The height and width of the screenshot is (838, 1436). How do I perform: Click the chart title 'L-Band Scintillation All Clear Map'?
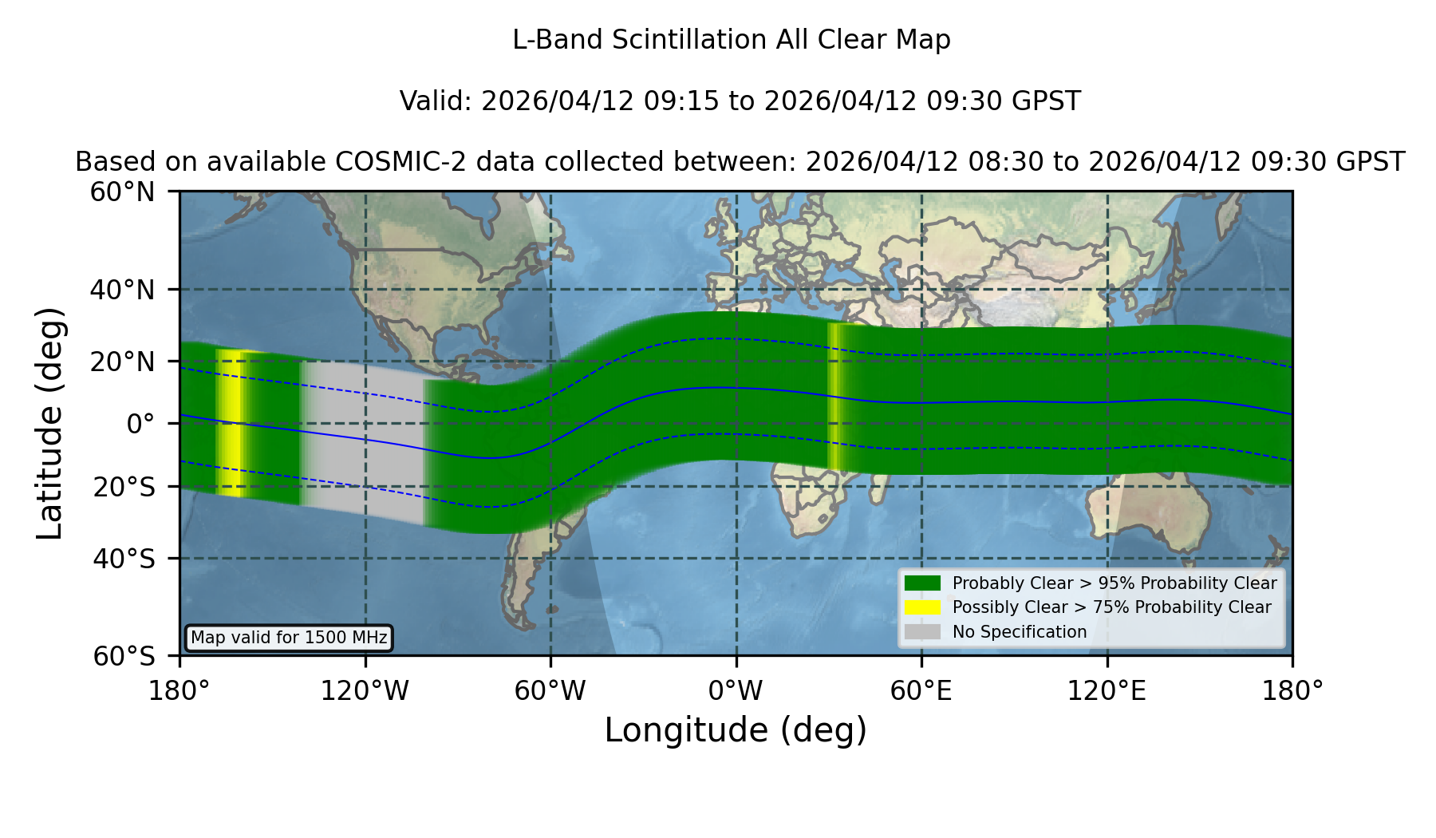pyautogui.click(x=731, y=40)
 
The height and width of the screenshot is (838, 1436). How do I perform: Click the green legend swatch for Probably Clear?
pyautogui.click(x=922, y=583)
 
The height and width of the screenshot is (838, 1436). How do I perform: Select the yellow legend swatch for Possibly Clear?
pyautogui.click(x=922, y=607)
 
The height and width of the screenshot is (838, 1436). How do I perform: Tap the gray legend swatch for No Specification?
pyautogui.click(x=922, y=632)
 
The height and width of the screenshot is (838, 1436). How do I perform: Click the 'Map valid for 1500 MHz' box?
pyautogui.click(x=289, y=638)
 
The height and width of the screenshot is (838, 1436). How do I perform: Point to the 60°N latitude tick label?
pyautogui.click(x=122, y=192)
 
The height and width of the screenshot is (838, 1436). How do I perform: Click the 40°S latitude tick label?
pyautogui.click(x=124, y=559)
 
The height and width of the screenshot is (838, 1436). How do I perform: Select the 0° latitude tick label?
pyautogui.click(x=140, y=424)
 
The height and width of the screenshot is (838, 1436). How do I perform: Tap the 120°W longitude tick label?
pyautogui.click(x=365, y=691)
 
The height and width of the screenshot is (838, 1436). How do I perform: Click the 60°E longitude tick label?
pyautogui.click(x=921, y=691)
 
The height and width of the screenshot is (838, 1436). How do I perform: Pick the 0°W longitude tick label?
pyautogui.click(x=736, y=691)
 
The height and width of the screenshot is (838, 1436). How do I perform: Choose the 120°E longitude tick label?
pyautogui.click(x=1107, y=691)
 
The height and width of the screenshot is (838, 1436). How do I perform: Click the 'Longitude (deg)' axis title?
pyautogui.click(x=736, y=731)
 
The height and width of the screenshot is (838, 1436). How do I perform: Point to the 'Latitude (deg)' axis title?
pyautogui.click(x=49, y=423)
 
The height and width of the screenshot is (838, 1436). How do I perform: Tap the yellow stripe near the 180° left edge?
pyautogui.click(x=230, y=423)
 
